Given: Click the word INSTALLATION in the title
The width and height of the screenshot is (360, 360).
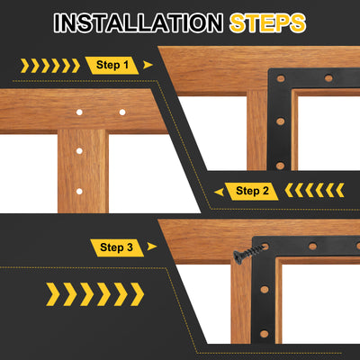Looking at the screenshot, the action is click(139, 22).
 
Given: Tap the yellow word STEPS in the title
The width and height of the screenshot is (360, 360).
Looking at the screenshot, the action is click(267, 22).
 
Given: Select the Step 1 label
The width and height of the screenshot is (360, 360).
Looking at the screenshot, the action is click(112, 65).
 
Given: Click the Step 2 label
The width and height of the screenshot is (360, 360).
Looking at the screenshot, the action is click(252, 191).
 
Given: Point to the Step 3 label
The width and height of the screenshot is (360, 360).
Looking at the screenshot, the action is click(117, 247).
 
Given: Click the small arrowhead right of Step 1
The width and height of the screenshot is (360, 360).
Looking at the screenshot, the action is click(148, 65).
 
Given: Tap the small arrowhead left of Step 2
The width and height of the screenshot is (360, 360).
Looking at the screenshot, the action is click(219, 192).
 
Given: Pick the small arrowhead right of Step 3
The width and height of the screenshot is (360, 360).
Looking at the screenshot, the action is click(152, 247).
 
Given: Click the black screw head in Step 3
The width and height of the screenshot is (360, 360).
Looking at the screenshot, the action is click(238, 257).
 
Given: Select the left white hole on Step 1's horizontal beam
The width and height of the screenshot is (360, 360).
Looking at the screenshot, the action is click(79, 112).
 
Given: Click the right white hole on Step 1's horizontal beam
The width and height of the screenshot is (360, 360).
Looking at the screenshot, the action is click(122, 112).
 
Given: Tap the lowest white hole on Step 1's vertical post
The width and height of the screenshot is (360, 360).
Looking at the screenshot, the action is click(79, 191).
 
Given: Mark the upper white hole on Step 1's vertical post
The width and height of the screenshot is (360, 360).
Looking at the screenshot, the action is click(79, 150).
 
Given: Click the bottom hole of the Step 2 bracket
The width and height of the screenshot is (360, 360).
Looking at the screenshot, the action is click(280, 166).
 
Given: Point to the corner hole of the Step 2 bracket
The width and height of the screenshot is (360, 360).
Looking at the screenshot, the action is click(281, 79).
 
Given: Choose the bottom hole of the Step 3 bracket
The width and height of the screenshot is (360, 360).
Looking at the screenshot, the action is click(265, 334).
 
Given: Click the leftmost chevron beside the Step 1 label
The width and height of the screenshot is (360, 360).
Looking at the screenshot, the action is click(25, 66).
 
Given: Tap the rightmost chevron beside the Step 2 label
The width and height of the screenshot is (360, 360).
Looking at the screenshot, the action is click(339, 190).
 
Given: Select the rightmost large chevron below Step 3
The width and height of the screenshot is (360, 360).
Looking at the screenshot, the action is click(137, 294).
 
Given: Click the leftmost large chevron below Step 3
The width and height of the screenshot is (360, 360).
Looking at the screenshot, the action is click(53, 294).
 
